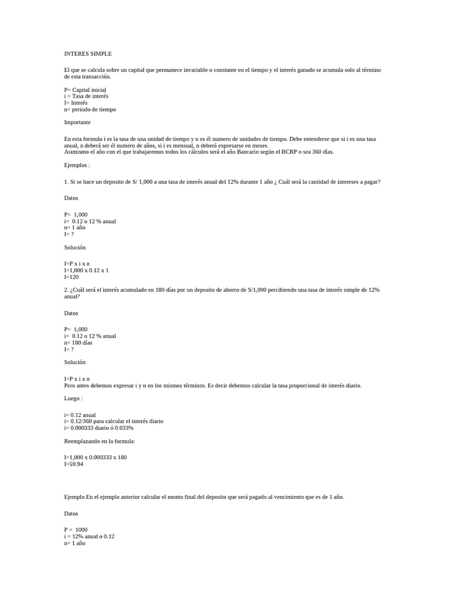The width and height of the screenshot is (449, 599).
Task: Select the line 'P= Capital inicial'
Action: point(85,89)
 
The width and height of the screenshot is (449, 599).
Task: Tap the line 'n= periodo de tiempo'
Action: point(90,109)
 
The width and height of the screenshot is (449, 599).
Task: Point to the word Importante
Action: point(77,122)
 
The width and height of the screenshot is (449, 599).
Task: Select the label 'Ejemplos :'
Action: point(77,165)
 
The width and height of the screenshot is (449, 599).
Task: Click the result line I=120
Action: point(71,277)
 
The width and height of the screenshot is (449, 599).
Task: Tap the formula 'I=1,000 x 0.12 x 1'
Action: point(87,270)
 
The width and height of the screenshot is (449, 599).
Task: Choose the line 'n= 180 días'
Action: point(78,342)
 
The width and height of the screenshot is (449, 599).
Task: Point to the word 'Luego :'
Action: point(73,398)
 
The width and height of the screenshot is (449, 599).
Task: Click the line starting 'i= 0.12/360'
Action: point(113,421)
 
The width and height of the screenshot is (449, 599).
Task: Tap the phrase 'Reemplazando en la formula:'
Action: point(99,441)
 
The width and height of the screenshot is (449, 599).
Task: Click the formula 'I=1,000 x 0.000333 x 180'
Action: point(95,457)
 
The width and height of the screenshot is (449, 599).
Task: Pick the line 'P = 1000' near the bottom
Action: point(76,529)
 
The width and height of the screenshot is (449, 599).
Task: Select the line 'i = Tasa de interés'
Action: point(86,96)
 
